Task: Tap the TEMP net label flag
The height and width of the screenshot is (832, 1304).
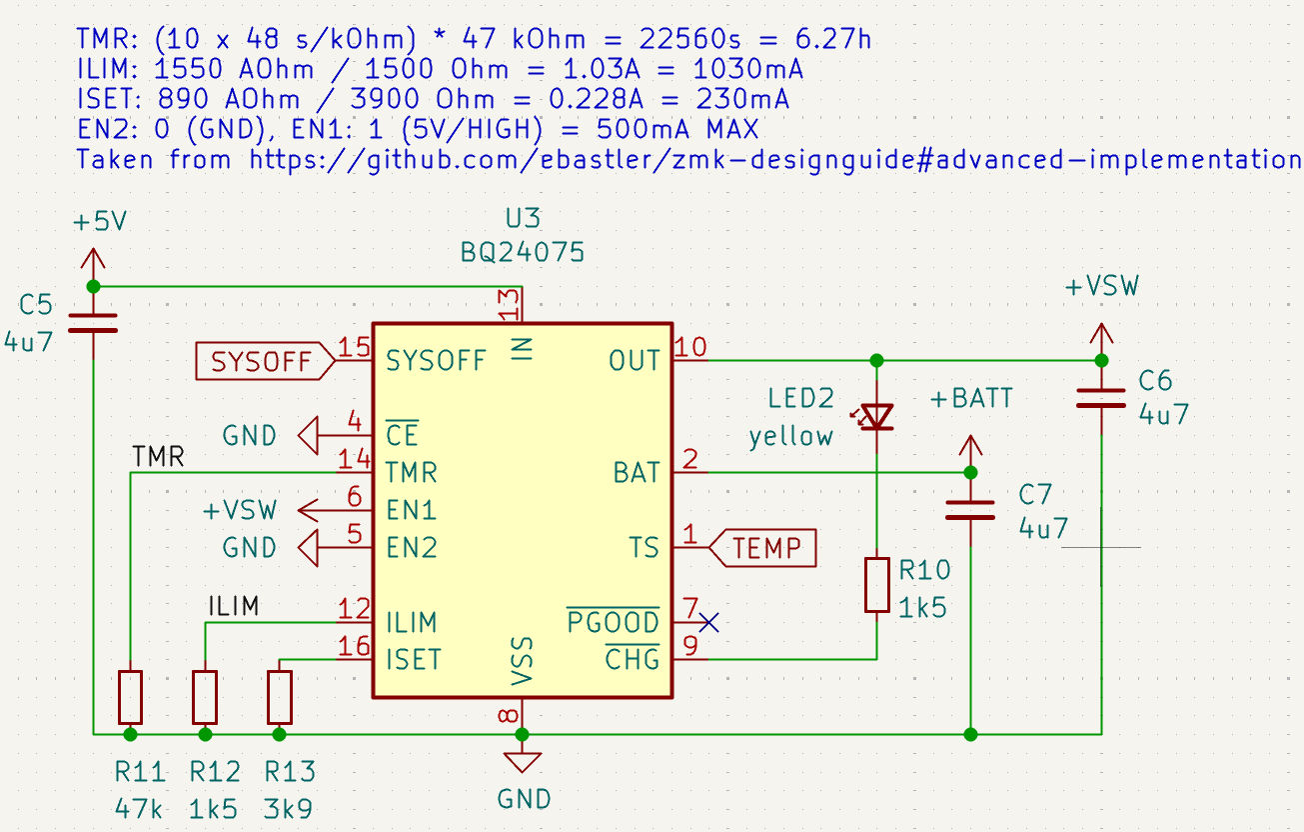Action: coord(764,548)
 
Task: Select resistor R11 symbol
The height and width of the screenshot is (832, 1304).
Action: coord(130,697)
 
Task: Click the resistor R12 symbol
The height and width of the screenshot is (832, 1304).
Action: coord(205,697)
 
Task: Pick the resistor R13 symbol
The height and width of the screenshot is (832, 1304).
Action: coord(280,697)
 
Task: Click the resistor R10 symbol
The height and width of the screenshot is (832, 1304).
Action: coord(876,585)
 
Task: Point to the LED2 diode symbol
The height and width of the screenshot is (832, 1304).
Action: coord(876,416)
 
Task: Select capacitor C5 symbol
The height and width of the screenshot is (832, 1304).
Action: coord(92,323)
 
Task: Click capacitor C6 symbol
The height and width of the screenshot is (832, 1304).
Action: coord(1100,398)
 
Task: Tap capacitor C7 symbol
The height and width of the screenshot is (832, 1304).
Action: coord(969,510)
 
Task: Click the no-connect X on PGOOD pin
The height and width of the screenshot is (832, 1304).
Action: coord(708,623)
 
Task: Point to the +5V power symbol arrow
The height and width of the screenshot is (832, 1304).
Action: coord(92,263)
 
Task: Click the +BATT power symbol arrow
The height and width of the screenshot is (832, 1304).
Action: coord(968,448)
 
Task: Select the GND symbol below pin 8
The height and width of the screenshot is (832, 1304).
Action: coord(521,761)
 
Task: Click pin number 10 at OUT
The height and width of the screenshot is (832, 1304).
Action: coord(691,347)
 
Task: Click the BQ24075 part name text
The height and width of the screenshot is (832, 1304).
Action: coord(523,253)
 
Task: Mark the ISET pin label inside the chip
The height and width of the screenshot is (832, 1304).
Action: coord(412,660)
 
